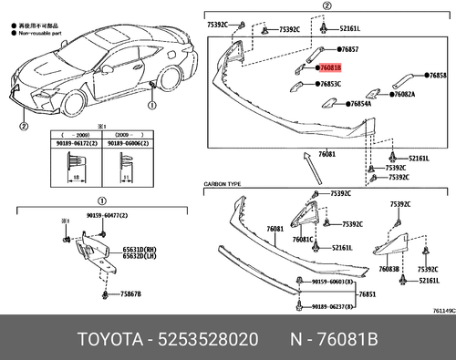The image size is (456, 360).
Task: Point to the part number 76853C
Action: tap(332, 84)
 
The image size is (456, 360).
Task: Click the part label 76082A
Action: tap(402, 94)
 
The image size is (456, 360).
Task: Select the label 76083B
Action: tap(389, 270)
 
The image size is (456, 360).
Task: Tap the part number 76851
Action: tap(367, 294)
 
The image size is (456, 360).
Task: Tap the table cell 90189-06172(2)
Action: tap(71, 143)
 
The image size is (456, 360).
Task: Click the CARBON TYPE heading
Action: tap(223, 184)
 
